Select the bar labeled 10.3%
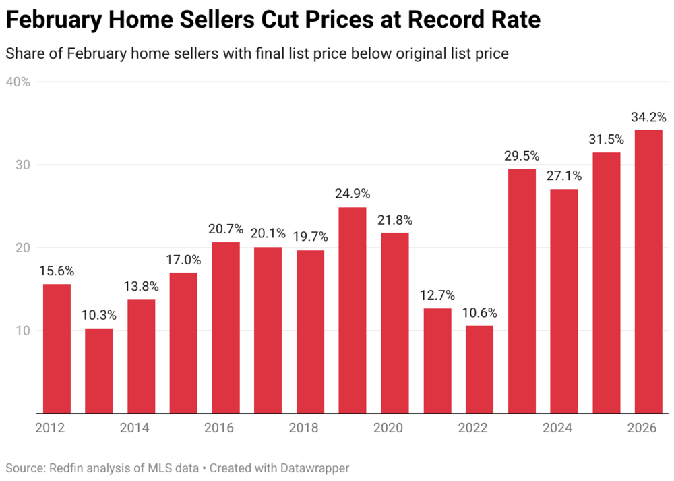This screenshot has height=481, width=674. point(98,370)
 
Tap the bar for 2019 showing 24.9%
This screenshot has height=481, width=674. point(353,310)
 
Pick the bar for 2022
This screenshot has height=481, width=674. point(479,369)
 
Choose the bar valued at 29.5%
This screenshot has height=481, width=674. point(522,291)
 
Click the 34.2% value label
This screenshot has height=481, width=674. point(648,117)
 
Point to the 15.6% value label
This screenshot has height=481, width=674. point(57,271)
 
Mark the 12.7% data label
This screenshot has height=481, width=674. point(437,295)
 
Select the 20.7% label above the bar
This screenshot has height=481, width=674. point(226,229)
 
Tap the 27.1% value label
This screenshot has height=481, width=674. point(563,176)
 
